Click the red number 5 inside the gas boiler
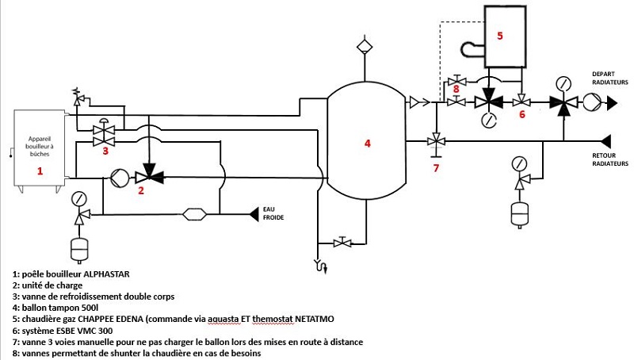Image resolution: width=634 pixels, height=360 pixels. [500, 36]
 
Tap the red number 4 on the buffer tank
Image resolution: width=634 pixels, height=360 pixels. [367, 144]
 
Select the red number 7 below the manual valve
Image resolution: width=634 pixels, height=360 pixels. [436, 168]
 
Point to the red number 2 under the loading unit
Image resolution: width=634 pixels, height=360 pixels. [141, 190]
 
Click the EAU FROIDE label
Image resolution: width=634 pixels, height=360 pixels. [273, 213]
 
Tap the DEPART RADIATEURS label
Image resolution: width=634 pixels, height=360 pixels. [610, 78]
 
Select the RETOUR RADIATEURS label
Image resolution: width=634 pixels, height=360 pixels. [610, 159]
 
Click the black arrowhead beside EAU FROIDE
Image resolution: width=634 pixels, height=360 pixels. [254, 214]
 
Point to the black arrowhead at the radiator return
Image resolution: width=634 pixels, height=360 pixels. [605, 142]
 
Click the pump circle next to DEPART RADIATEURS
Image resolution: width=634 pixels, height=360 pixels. [592, 102]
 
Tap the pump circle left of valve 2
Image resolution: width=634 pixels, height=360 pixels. [120, 178]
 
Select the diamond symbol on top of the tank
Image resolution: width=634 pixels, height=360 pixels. [365, 46]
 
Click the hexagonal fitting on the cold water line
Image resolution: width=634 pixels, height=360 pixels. [194, 214]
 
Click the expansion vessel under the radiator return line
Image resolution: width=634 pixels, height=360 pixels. [520, 213]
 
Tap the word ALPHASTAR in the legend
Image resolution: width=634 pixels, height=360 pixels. [106, 274]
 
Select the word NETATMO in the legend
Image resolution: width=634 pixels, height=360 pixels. [315, 319]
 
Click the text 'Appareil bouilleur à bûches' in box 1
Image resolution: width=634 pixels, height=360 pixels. [39, 146]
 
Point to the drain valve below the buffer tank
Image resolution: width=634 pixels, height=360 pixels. [342, 243]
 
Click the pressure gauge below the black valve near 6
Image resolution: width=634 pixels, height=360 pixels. [489, 120]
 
